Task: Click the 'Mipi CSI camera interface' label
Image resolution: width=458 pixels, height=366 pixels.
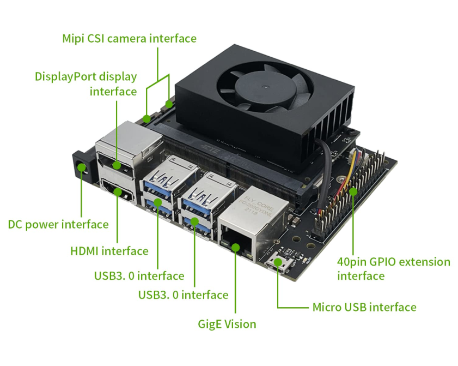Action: pos(130,38)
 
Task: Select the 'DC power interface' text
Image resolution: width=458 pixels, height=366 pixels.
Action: pos(58,224)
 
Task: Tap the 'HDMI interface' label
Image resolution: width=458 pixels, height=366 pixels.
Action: pos(109,251)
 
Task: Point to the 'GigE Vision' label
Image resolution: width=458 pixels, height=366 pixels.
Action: pos(227,324)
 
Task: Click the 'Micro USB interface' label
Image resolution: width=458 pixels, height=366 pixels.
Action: pos(364,307)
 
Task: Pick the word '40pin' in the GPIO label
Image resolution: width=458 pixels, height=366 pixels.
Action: pos(352,262)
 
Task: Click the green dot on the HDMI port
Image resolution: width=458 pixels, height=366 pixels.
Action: pos(118,192)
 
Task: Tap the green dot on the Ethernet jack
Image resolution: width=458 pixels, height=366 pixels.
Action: pos(236,248)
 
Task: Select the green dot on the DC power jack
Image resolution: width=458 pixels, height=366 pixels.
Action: pos(82,167)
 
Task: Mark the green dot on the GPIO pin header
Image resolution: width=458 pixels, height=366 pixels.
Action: pos(353,191)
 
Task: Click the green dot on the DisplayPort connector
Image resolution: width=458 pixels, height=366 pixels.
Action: pos(117,166)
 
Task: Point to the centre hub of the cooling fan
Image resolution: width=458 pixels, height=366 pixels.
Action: pos(265,87)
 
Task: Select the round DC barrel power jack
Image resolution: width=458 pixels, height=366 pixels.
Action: pos(82,168)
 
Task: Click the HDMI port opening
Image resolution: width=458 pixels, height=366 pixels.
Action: pos(118,191)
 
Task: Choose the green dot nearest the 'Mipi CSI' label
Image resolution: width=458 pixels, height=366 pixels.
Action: pos(169,104)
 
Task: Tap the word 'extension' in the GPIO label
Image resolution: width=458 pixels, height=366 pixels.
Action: pos(424,262)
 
